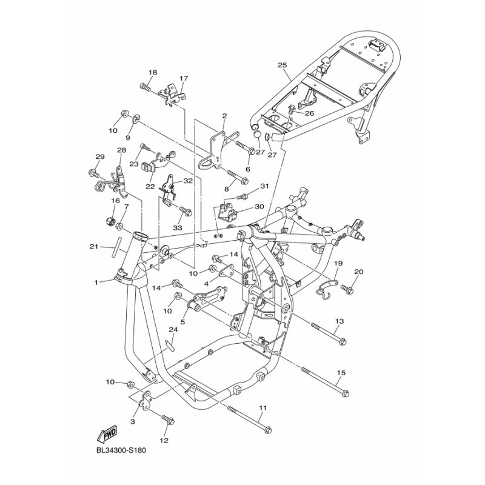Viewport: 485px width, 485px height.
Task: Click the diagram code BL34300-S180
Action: (121, 450)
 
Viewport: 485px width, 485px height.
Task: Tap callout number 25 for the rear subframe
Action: (282, 65)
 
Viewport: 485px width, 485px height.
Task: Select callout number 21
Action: (94, 247)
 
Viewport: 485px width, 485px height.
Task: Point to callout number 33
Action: (177, 228)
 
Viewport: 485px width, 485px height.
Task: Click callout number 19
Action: (338, 263)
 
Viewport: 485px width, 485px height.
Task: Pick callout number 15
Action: (341, 373)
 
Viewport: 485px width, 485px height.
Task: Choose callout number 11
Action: (263, 408)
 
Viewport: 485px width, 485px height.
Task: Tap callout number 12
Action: (164, 440)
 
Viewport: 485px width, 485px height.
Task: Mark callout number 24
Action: (173, 330)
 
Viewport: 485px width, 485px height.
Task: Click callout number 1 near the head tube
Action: (96, 282)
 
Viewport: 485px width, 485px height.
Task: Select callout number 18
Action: (153, 72)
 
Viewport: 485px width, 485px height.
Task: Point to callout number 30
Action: (259, 206)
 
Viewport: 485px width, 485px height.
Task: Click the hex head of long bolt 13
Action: (343, 342)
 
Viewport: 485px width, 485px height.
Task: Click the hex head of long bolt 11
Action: (269, 430)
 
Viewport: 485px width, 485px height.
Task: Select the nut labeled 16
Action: (109, 221)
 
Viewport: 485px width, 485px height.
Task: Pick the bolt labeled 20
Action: (347, 288)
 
